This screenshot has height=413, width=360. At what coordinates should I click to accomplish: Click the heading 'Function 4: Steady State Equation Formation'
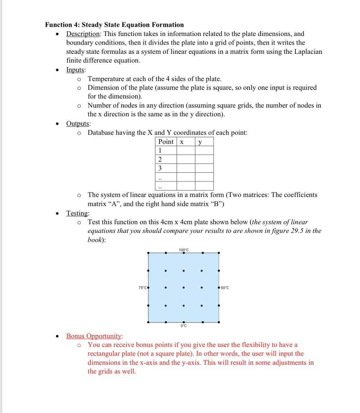pos(114,25)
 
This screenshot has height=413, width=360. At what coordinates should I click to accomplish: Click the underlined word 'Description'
pos(83,34)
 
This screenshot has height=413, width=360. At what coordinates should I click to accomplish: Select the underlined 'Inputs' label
pos(75,70)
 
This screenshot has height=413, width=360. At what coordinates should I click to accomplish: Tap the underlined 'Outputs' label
pos(78,124)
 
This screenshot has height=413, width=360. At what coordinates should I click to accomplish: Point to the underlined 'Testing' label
pos(77,213)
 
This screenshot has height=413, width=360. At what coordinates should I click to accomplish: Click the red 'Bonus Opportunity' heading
pos(94,336)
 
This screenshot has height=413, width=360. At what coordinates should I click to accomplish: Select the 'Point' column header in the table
pos(166,142)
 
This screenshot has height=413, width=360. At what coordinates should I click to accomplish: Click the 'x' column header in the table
pos(182,142)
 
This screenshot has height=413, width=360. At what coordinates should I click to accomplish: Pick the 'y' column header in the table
pos(200,142)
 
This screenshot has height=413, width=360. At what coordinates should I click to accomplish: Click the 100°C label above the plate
pos(184,250)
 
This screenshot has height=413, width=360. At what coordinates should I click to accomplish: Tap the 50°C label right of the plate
pos(225,288)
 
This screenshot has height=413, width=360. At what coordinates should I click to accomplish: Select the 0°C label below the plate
pos(184,326)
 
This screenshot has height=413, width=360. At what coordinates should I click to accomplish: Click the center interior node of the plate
pos(184,288)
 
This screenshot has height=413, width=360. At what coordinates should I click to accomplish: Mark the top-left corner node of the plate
pos(148,253)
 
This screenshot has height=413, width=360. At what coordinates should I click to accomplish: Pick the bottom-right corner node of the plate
pos(219,322)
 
